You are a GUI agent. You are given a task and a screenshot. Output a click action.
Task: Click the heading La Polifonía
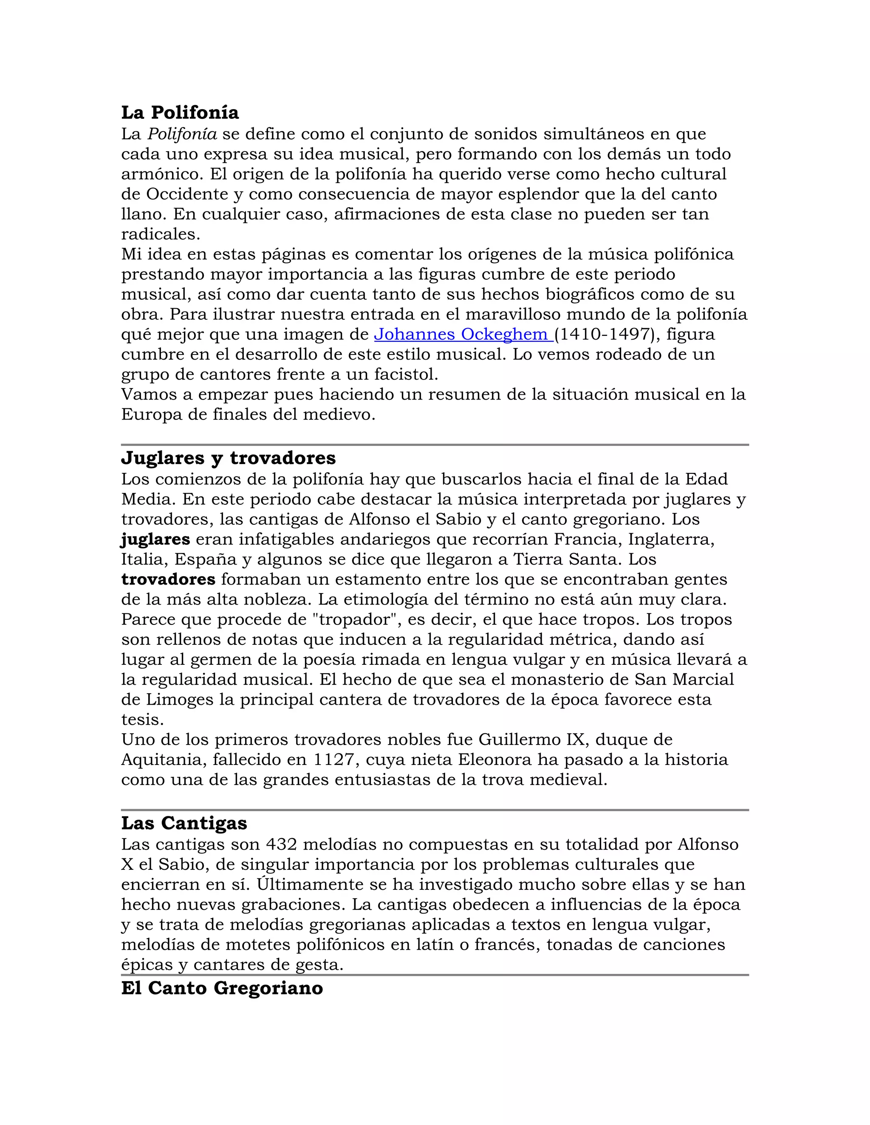180,112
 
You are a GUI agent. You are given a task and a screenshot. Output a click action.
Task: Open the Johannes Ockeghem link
463,334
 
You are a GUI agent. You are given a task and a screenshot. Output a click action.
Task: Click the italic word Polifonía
182,134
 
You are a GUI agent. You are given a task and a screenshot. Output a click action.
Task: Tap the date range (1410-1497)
607,334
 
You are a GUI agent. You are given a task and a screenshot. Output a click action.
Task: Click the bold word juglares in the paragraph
155,539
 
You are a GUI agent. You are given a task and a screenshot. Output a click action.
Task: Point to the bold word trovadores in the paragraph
168,579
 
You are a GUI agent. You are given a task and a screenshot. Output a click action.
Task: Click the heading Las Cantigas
184,823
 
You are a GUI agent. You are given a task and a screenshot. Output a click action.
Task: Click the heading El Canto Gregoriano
222,988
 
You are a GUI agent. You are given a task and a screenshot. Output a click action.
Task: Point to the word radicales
160,234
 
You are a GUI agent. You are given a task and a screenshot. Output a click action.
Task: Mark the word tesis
142,720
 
